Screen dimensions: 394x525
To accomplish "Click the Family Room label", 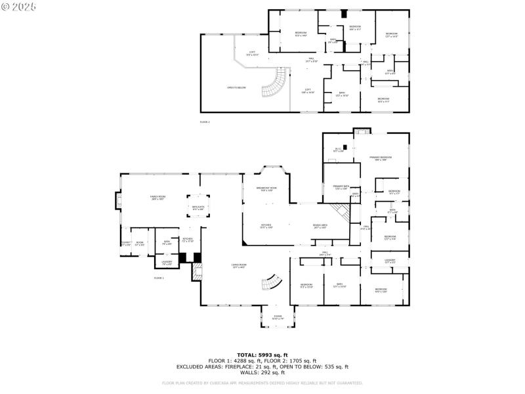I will click(157, 198).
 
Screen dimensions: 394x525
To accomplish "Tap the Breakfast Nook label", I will click(266, 189).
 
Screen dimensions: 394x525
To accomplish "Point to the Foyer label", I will click(278, 317).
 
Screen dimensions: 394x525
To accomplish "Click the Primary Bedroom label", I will click(381, 158).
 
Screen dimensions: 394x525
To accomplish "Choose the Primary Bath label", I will click(341, 187).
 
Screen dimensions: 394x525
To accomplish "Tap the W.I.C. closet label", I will click(338, 150).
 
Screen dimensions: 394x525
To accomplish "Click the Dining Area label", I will click(320, 226).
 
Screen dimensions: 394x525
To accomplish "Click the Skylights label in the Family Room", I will click(198, 208).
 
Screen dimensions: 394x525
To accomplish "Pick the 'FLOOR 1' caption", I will click(159, 278).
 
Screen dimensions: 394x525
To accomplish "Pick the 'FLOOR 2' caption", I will click(205, 122).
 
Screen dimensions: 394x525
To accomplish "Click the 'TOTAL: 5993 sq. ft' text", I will click(262, 355).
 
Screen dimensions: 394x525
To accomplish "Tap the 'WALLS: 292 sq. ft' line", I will click(262, 372).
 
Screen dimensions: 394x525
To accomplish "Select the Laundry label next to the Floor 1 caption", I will click(167, 263).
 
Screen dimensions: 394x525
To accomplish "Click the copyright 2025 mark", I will click(19, 6).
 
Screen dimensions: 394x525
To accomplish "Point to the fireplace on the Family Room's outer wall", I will click(119, 200).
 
